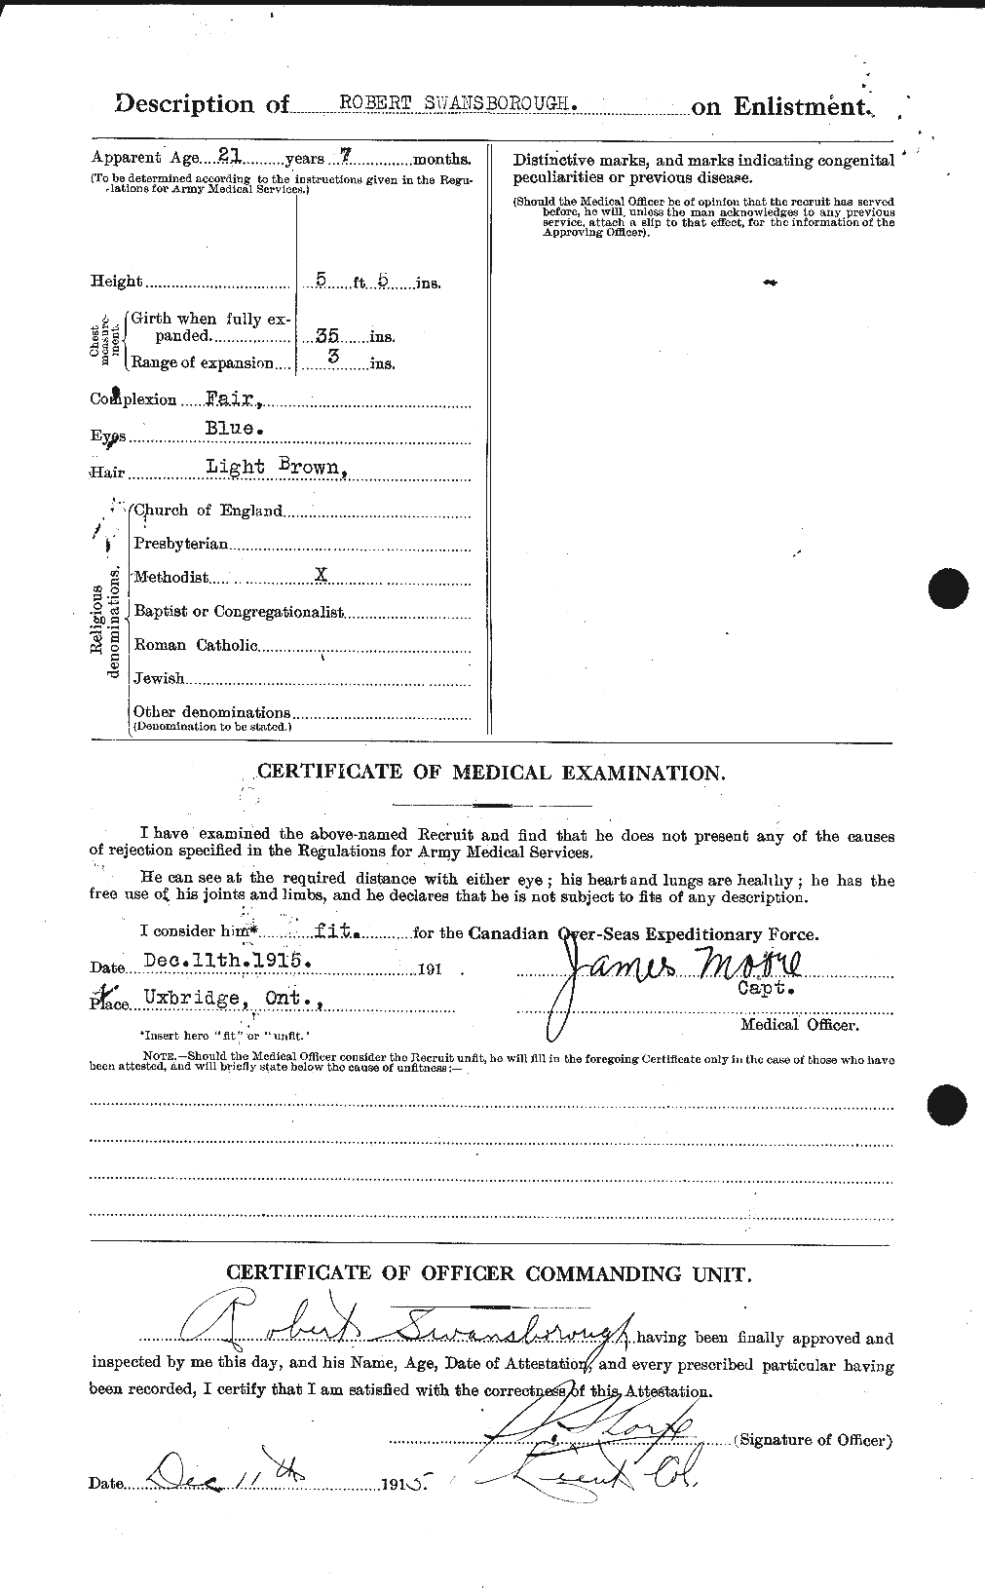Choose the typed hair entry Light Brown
coord(275,466)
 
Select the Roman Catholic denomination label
coord(196,644)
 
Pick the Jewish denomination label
coord(159,678)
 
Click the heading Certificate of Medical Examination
coord(491,773)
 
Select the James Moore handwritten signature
coord(672,971)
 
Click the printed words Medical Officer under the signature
coord(798,1024)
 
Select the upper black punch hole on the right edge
coord(948,587)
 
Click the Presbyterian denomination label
coord(181,543)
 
